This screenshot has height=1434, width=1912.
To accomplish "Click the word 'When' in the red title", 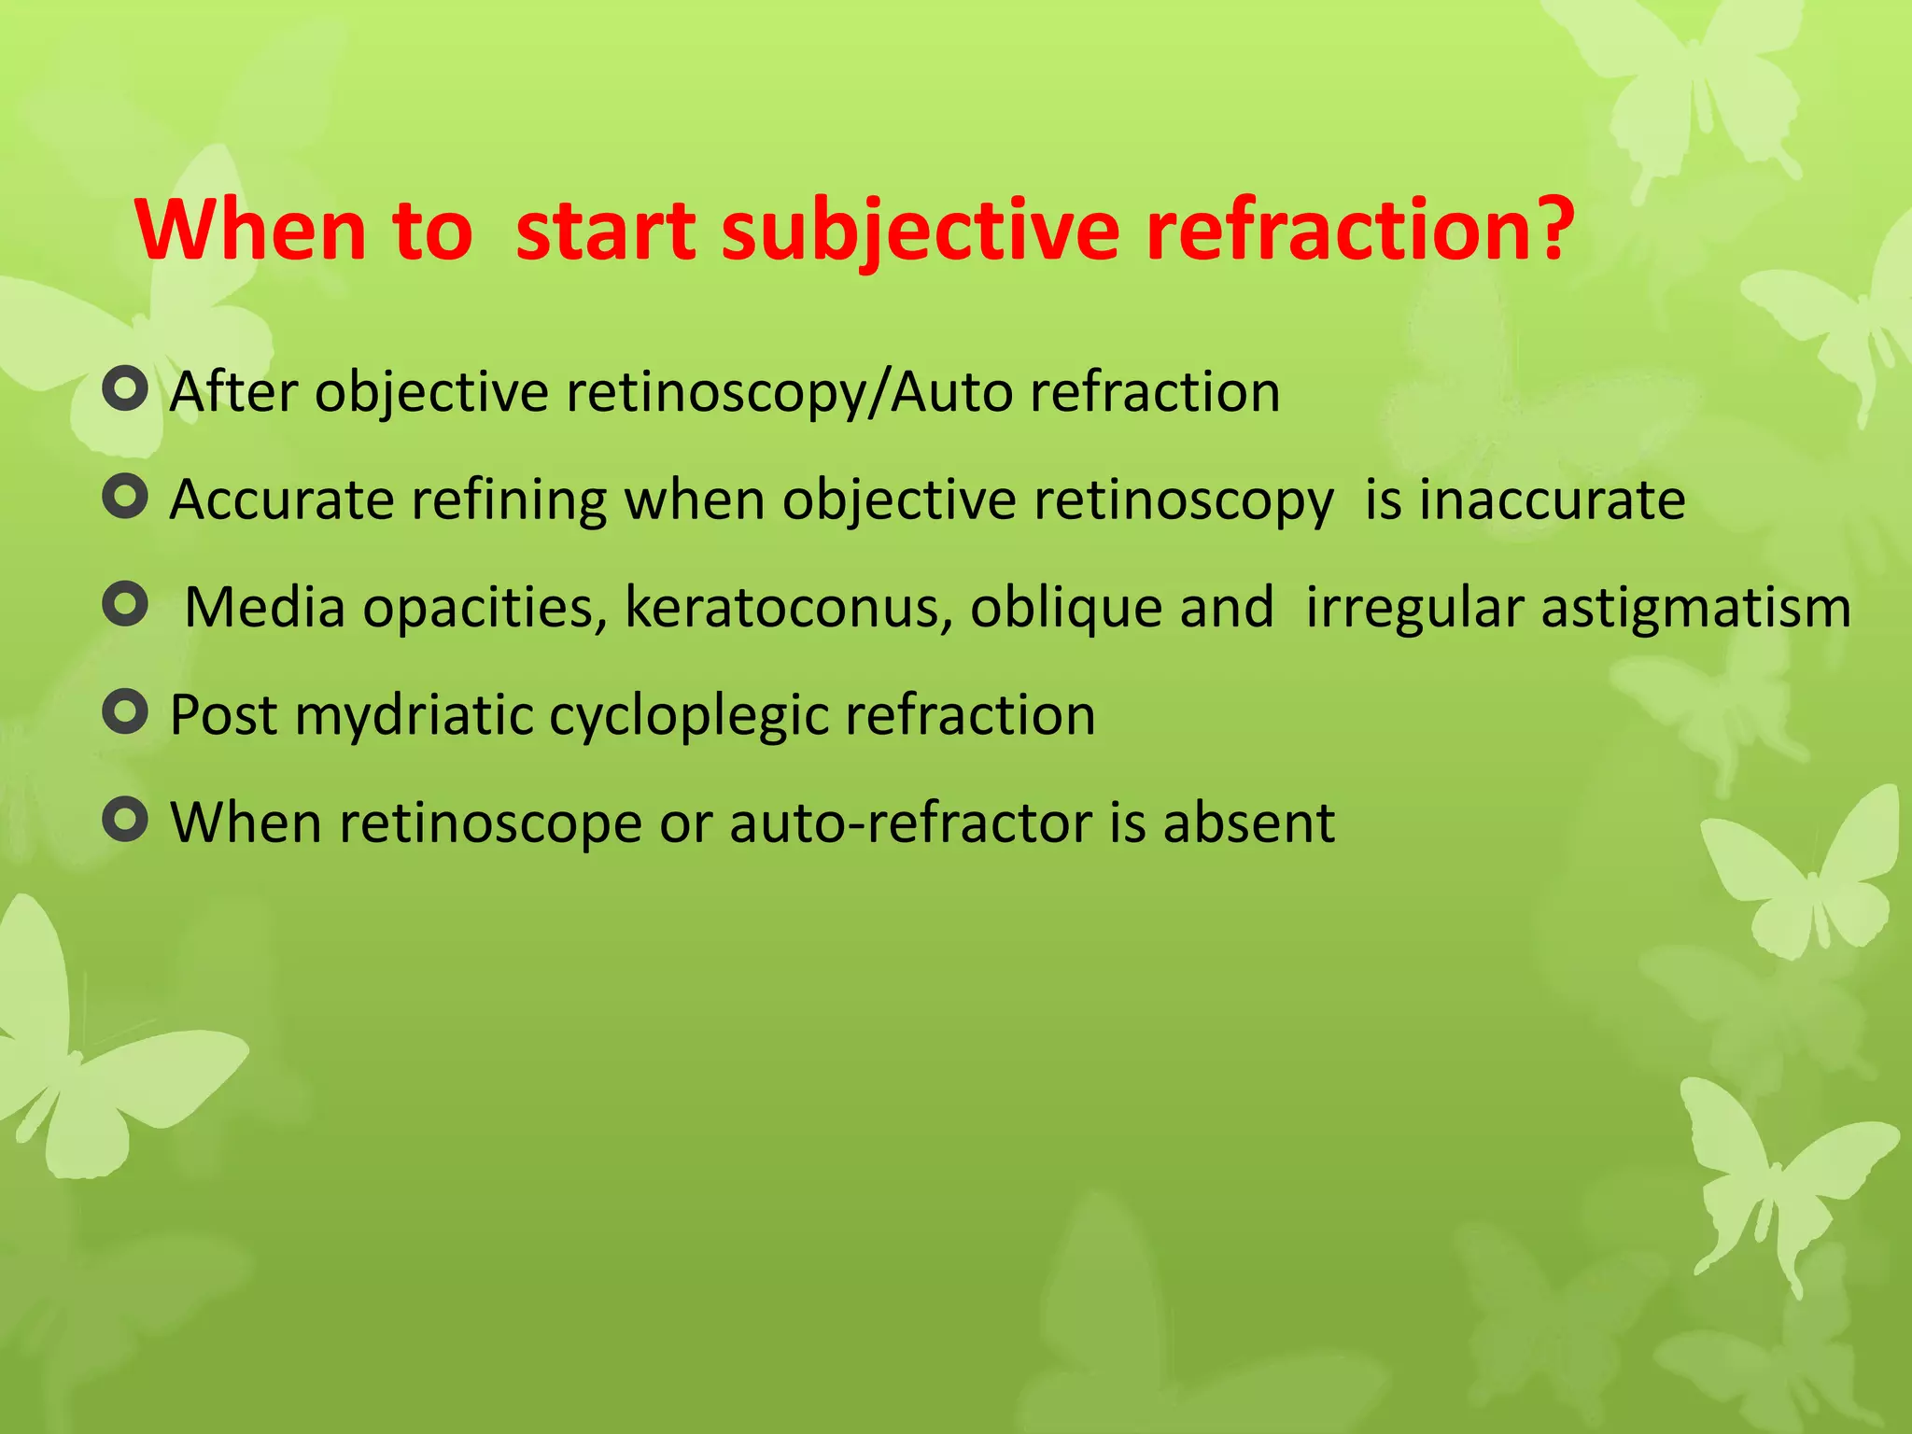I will point(250,230).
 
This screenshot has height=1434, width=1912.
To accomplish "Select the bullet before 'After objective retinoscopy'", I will point(125,389).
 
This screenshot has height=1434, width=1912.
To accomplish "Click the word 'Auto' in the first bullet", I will point(951,391).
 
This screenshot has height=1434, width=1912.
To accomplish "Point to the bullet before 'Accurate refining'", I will point(125,497).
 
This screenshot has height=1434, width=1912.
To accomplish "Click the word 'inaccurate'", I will point(1553,499).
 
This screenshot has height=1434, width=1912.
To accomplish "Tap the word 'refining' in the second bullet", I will point(510,499).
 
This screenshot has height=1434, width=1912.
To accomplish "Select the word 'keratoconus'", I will point(788,608).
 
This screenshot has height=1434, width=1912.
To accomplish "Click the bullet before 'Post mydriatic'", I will point(125,712).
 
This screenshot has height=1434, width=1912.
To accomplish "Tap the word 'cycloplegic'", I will point(688,716).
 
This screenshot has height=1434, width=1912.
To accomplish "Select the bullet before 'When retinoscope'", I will point(125,820).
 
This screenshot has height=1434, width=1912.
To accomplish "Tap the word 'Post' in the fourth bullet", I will point(224,716).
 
